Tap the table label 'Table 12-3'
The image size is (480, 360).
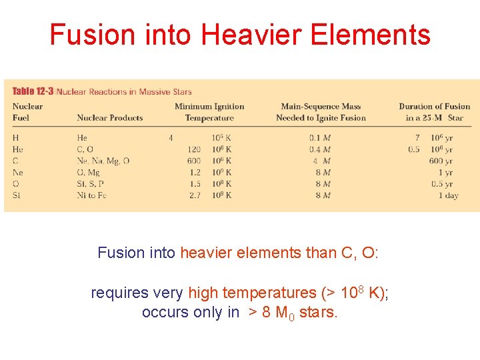pos(33,92)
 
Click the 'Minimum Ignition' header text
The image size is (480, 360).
pos(209,107)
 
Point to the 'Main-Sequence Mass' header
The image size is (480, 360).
pos(321,107)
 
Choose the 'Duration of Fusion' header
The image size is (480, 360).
pos(435,107)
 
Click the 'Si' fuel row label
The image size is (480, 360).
pos(16,195)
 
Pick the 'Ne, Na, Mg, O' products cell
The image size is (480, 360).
pos(103,161)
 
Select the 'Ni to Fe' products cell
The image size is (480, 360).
pos(92,195)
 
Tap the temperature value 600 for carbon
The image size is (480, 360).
pos(193,161)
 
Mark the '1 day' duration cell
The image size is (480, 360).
pos(448,195)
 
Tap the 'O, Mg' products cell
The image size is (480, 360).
pos(89,173)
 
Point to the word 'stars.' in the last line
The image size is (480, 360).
pos(319,313)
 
